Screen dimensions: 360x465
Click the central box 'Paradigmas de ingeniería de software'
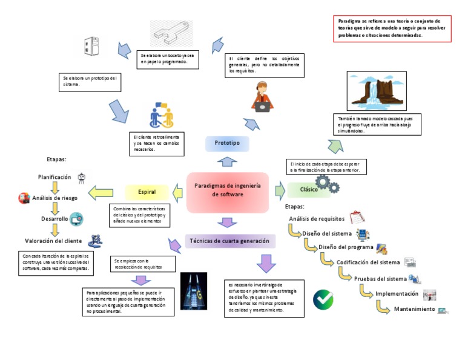click(x=227, y=192)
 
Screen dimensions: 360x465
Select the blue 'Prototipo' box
click(x=227, y=144)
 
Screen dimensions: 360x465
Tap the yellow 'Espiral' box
click(x=147, y=192)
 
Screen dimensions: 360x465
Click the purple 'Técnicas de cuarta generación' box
click(x=229, y=241)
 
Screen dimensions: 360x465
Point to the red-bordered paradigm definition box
click(x=392, y=28)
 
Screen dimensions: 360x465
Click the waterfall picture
click(x=371, y=90)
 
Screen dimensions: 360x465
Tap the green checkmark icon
click(x=323, y=299)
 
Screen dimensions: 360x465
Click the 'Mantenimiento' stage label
click(x=414, y=309)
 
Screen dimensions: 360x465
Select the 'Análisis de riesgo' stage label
click(x=54, y=198)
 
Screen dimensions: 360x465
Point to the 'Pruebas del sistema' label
click(x=380, y=279)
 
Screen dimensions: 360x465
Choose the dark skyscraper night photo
click(x=193, y=290)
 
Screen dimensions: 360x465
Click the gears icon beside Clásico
click(x=331, y=184)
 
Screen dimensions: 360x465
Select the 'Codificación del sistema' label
click(x=368, y=262)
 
